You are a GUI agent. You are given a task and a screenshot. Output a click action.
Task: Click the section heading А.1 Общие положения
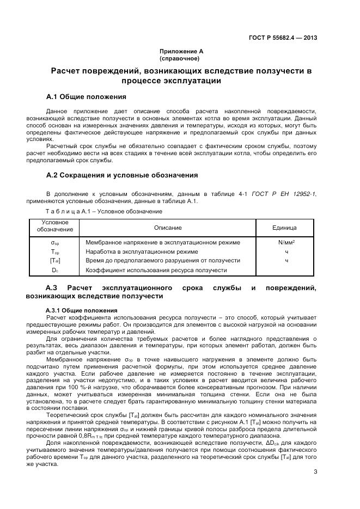(87, 97)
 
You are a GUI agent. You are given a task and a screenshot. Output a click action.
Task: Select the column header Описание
(167, 228)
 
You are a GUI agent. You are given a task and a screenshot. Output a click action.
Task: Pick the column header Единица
(284, 228)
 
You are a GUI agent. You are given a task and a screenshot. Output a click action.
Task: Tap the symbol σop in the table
(54, 242)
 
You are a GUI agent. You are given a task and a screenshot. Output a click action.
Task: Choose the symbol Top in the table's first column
(54, 252)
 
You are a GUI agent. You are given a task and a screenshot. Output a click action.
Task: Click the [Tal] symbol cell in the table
(54, 261)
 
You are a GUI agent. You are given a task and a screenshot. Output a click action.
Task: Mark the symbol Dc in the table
(54, 270)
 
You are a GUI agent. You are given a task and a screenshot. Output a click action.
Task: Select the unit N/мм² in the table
(286, 242)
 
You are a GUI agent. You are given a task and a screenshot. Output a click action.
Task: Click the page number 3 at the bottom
(315, 471)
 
